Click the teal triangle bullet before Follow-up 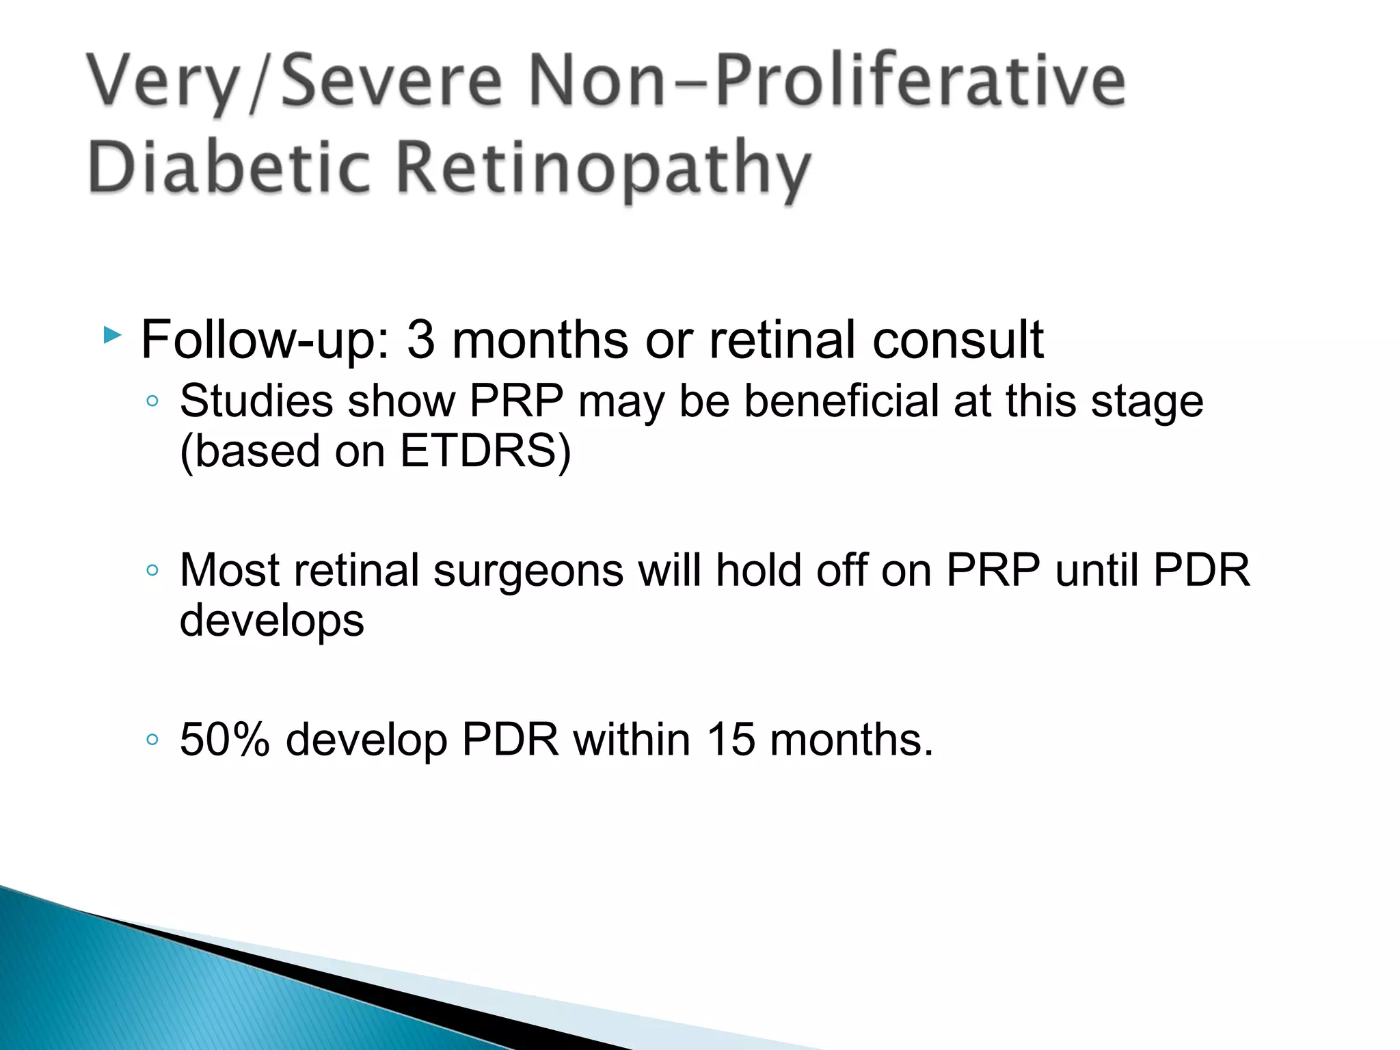point(112,335)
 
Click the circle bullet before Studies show point(152,401)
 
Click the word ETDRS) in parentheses point(485,451)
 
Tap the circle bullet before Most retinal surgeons point(152,570)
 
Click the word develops point(271,621)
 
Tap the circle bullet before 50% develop point(152,739)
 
